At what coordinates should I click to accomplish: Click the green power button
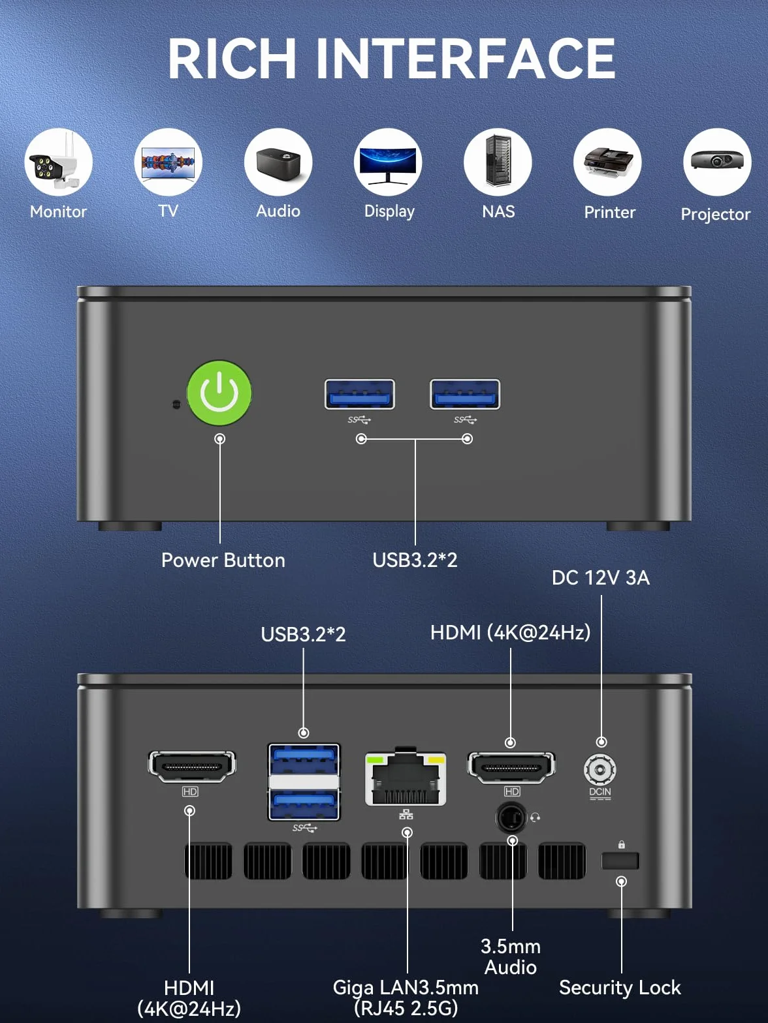(219, 393)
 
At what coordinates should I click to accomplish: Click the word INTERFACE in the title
(466, 59)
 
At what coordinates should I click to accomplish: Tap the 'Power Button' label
(223, 560)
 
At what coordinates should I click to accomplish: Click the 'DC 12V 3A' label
(601, 578)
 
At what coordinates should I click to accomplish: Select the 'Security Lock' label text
(620, 988)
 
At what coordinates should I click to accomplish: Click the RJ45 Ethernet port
(405, 778)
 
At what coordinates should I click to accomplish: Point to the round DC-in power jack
(600, 769)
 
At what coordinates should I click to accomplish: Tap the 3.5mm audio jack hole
(511, 817)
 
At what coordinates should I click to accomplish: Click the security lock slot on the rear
(620, 861)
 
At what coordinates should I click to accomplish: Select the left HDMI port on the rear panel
(192, 767)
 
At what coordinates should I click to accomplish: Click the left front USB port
(360, 394)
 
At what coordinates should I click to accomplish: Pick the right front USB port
(465, 394)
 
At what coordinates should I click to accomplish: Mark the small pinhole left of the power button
(176, 404)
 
